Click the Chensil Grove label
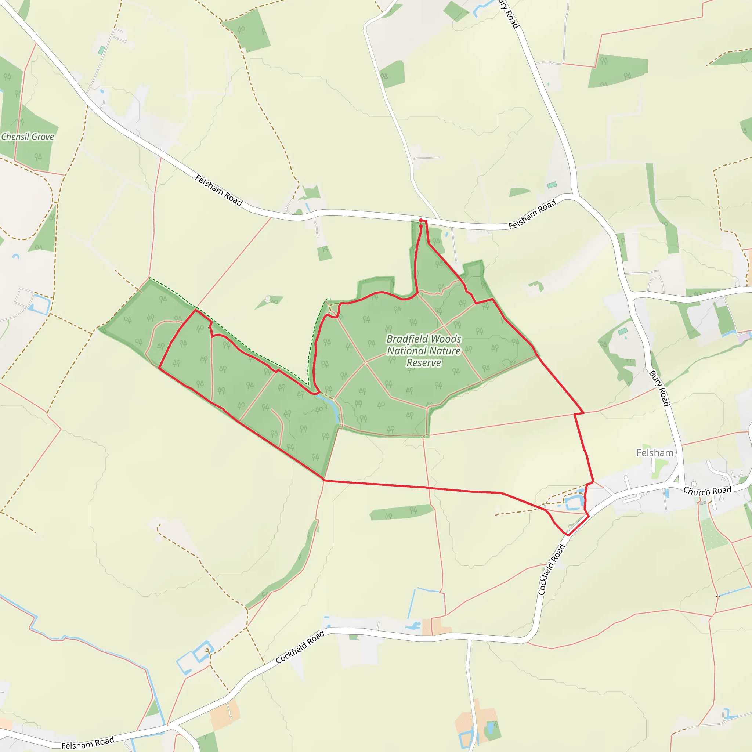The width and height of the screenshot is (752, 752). click(27, 137)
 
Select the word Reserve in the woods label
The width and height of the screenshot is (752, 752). click(424, 363)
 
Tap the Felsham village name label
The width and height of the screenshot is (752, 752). click(655, 453)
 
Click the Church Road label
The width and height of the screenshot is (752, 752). click(707, 491)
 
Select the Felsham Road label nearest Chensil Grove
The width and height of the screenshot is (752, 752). click(218, 190)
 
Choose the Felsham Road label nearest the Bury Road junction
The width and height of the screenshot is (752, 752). click(532, 214)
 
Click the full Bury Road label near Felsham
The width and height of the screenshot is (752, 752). click(659, 388)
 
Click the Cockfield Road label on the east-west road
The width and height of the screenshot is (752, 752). click(300, 647)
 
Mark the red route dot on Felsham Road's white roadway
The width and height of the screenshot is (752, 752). click(421, 221)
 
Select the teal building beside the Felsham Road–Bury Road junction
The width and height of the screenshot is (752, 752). click(552, 185)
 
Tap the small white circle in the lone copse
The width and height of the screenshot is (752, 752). click(267, 299)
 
